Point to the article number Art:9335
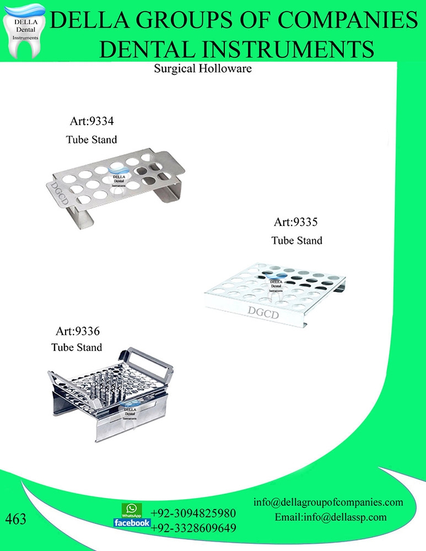(296, 223)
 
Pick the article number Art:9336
(77, 331)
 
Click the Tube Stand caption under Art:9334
(91, 139)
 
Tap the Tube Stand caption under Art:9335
(297, 241)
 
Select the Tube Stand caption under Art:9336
(77, 348)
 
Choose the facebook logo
(132, 523)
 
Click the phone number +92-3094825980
(193, 514)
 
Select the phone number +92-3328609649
(193, 528)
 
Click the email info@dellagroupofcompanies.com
(328, 503)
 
